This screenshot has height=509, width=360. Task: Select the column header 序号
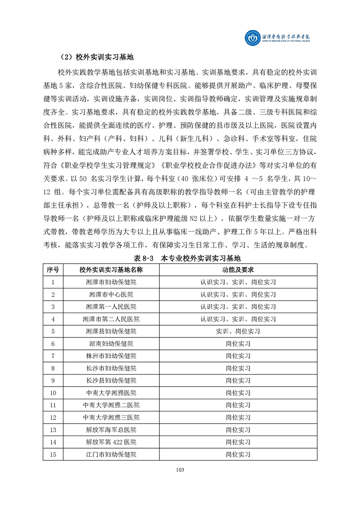click(x=53, y=269)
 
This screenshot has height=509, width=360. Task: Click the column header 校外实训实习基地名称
click(x=111, y=269)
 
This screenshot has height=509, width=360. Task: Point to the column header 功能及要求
click(x=238, y=269)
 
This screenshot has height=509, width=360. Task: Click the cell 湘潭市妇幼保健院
click(x=111, y=282)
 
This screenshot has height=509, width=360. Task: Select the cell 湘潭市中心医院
click(x=111, y=294)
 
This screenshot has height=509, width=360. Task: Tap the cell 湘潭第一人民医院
click(x=111, y=307)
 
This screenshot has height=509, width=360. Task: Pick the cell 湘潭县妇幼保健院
click(x=111, y=331)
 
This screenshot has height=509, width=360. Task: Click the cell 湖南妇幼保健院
click(x=111, y=343)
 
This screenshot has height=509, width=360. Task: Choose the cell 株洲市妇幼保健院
click(x=111, y=356)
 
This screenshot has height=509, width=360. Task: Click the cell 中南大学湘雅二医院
click(x=111, y=405)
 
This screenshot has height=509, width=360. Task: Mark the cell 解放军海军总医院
click(x=111, y=429)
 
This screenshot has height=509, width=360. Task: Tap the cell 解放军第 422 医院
click(x=111, y=441)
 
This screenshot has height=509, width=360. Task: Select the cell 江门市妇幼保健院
click(x=111, y=454)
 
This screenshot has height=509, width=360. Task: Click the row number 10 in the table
click(x=53, y=392)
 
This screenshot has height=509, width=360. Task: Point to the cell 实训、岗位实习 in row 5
click(x=238, y=331)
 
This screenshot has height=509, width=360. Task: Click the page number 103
click(x=180, y=470)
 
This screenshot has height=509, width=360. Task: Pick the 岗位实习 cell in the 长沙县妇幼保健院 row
click(x=238, y=380)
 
